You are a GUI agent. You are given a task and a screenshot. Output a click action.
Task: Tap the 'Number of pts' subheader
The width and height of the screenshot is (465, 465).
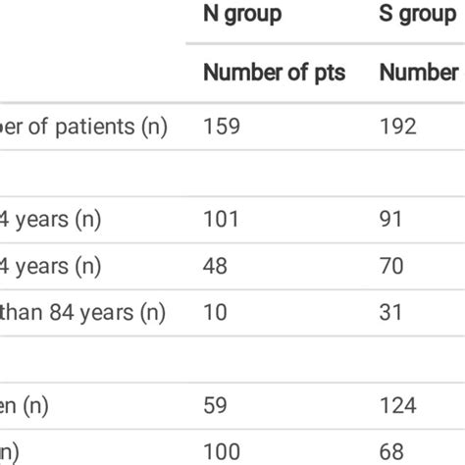(x=274, y=73)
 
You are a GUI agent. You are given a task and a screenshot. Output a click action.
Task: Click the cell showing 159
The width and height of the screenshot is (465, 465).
(x=221, y=127)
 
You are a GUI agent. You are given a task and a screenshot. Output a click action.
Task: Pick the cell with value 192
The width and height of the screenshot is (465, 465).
(x=398, y=127)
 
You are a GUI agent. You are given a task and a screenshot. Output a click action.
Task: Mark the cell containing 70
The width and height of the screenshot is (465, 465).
(x=392, y=266)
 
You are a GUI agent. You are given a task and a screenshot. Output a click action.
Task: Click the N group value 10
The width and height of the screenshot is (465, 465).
(x=215, y=312)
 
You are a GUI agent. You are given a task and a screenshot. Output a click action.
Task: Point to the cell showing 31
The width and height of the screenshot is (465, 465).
(x=391, y=312)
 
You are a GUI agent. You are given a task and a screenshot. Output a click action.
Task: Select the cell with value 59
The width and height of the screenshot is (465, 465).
(x=216, y=405)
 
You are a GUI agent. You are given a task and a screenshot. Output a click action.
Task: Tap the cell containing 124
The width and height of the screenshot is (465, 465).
(x=398, y=405)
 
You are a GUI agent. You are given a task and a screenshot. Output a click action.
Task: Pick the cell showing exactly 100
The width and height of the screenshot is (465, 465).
(x=222, y=451)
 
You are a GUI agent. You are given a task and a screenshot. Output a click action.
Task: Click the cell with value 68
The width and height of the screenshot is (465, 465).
(x=392, y=451)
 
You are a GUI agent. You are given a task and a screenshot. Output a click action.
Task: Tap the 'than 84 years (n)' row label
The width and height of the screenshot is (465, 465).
(x=82, y=312)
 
